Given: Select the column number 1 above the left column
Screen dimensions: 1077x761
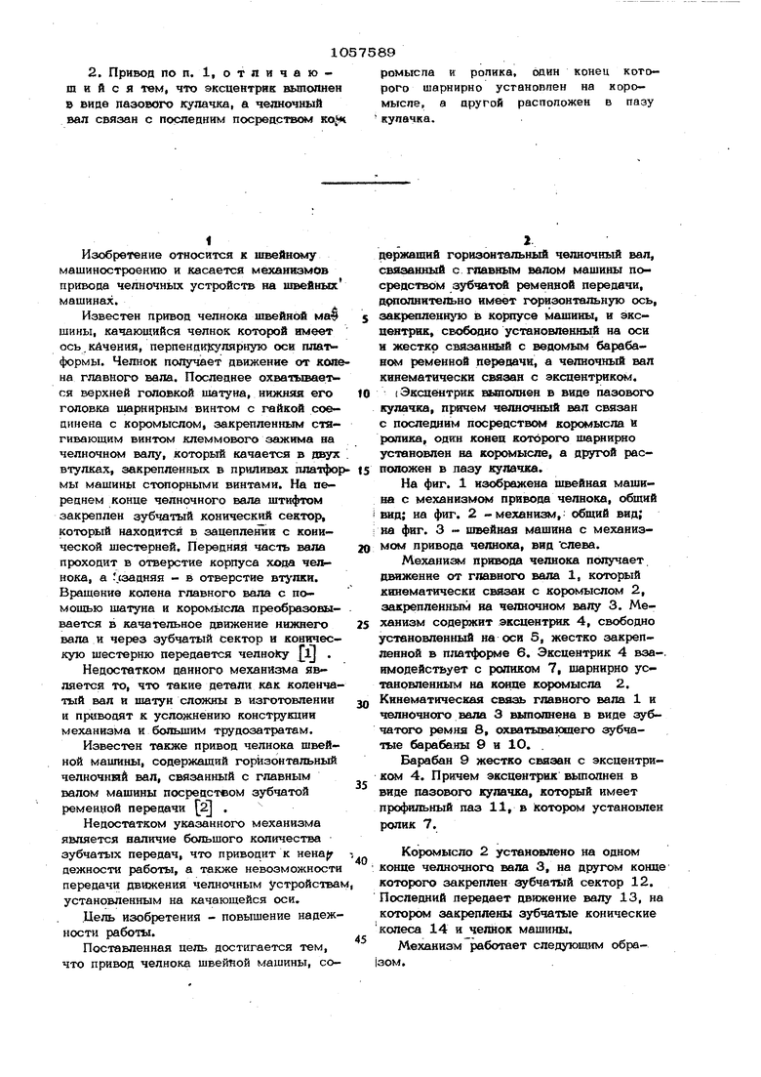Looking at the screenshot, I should point(209,239).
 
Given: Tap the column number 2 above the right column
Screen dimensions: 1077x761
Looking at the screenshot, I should point(525,238).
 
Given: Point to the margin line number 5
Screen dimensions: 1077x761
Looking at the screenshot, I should point(363,318).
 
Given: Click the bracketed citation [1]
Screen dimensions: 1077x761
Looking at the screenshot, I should point(308,649).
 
